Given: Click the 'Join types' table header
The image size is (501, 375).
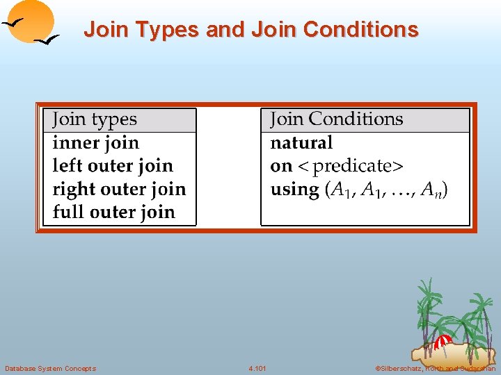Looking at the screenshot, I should (95, 119).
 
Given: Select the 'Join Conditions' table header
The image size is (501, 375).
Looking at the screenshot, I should (336, 119).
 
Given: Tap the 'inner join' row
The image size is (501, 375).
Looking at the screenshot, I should (96, 143).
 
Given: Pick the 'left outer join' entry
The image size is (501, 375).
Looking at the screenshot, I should (113, 166).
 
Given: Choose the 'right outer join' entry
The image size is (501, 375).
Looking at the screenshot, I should (119, 190).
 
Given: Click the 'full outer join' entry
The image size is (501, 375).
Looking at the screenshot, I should (113, 212).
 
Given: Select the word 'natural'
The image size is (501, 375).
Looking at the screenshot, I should (301, 143).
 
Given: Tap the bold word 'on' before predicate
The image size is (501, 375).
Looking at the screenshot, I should (281, 167).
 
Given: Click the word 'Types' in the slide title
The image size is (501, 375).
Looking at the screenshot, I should (163, 30).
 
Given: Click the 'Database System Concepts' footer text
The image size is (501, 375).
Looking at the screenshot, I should (50, 368).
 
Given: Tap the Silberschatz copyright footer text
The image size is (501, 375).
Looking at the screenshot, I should (435, 368).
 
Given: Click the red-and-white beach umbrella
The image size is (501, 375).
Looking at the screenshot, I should (443, 342).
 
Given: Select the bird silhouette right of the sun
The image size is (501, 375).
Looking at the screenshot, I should (47, 41).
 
